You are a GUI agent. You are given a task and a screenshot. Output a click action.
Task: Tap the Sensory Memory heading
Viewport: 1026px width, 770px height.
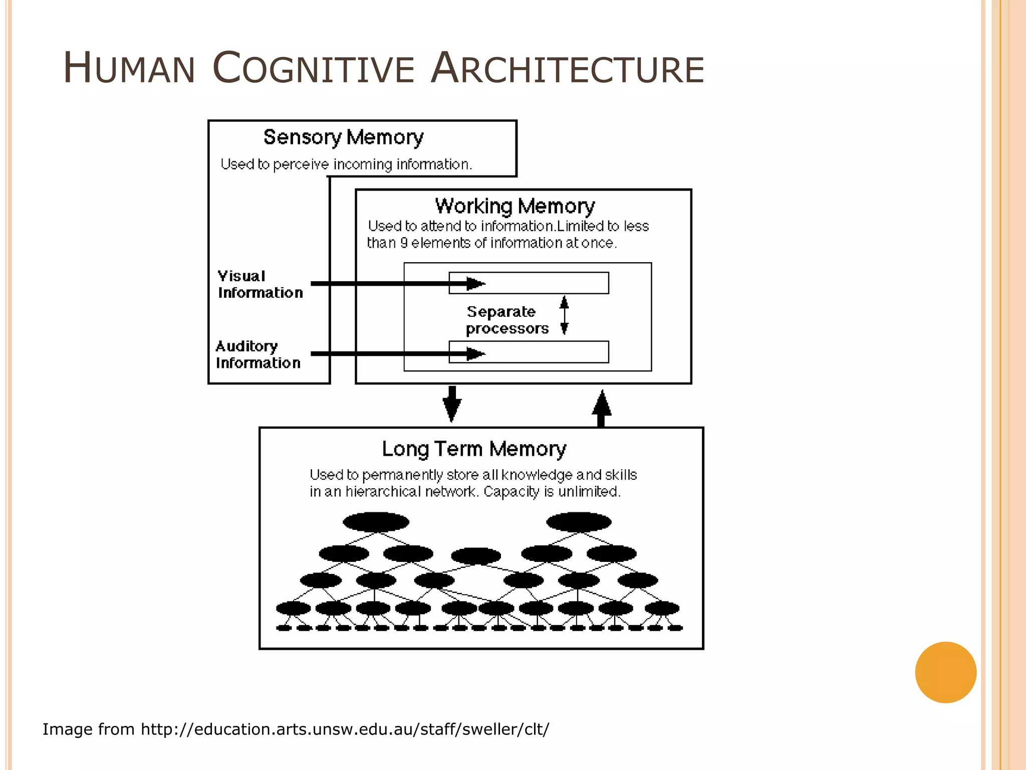point(343,137)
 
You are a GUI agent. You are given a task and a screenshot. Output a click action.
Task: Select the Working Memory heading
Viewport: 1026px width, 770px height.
point(515,206)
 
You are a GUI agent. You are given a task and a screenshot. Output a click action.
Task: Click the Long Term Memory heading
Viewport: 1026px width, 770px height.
point(474,449)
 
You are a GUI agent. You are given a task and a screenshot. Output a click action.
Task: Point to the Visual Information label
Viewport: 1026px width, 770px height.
point(260,284)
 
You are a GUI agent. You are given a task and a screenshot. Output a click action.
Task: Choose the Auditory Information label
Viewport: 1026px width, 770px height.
point(258,354)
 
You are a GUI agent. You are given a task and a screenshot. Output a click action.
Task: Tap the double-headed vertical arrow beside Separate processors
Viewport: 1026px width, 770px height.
point(564,315)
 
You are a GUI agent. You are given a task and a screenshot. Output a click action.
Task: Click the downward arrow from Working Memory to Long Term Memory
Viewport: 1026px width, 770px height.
point(452,404)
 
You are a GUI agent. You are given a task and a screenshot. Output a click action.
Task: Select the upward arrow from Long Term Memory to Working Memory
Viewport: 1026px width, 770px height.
point(601,408)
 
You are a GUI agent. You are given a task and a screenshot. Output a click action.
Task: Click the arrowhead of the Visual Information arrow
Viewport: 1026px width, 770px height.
point(475,284)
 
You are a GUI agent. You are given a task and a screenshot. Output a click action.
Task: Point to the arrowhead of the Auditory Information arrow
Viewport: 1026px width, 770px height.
point(475,354)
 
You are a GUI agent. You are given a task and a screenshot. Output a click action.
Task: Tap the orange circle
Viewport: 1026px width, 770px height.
point(945,672)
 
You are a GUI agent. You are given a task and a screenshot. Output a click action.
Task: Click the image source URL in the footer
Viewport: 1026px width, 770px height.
point(345,729)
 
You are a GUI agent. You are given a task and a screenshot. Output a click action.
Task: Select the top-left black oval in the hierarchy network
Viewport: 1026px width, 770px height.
point(376,522)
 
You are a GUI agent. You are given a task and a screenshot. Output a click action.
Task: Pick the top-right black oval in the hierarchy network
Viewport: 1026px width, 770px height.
point(579,522)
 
